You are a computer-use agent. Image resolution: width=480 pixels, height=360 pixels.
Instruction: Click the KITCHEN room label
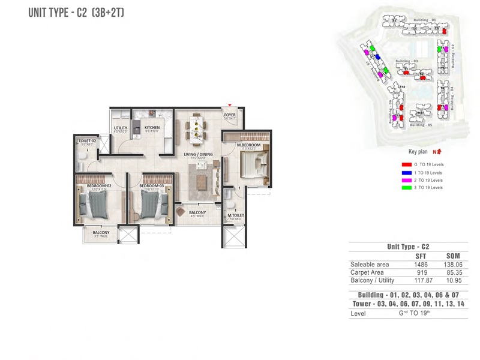(x=152, y=127)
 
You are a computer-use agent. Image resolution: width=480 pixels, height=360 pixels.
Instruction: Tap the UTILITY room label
(x=120, y=128)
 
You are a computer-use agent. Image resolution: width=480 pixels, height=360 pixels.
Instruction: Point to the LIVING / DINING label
(x=197, y=154)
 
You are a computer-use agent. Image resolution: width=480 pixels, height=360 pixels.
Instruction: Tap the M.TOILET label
(x=234, y=216)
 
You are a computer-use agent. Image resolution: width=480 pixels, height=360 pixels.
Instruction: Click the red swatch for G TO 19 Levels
(x=406, y=164)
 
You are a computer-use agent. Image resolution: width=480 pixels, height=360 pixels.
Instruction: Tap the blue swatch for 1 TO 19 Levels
(x=406, y=172)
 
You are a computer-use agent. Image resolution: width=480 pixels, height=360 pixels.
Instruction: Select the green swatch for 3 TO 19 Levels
(x=406, y=188)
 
